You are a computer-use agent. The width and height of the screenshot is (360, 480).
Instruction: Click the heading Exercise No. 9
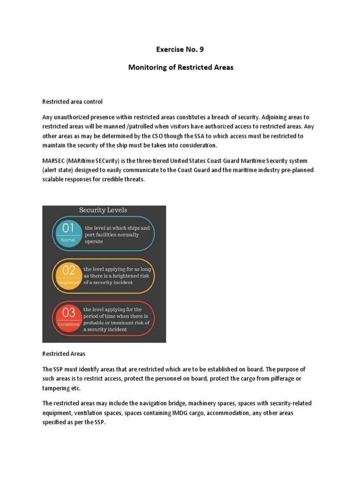[180, 49]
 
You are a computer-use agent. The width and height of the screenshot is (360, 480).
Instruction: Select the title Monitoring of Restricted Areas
[180, 67]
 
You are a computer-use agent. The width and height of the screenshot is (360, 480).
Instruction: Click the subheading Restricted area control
[72, 102]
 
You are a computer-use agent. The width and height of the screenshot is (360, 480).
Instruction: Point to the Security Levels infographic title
[103, 210]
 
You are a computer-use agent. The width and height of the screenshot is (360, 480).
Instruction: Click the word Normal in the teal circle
[68, 240]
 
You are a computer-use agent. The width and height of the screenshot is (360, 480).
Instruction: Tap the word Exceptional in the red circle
[68, 324]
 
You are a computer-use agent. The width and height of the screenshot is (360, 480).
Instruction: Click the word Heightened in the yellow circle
[68, 283]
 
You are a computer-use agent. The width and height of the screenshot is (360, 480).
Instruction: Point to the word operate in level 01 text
[94, 242]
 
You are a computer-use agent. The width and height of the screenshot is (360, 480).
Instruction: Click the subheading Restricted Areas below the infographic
[64, 354]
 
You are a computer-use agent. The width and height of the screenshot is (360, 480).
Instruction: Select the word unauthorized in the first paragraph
[78, 117]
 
